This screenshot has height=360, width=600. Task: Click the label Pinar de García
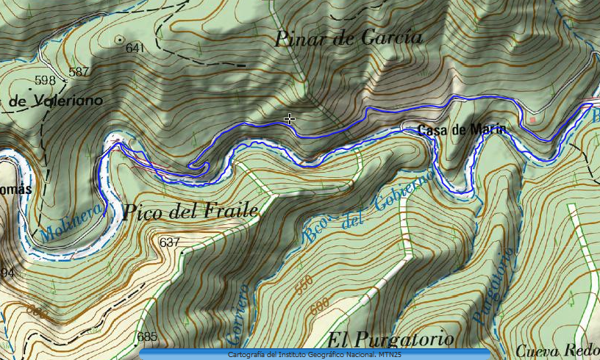point(349,38)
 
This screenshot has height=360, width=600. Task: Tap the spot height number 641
point(135,48)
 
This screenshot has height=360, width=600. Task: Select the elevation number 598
point(45,80)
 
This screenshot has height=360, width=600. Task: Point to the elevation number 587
point(78,72)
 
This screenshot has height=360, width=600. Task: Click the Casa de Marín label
point(462,131)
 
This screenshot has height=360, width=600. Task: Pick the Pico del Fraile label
point(191,212)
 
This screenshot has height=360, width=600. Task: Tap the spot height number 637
point(169,242)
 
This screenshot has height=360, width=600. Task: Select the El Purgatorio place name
point(390,340)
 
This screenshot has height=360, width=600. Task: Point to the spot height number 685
point(147,337)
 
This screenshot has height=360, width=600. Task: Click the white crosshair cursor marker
point(290,118)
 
